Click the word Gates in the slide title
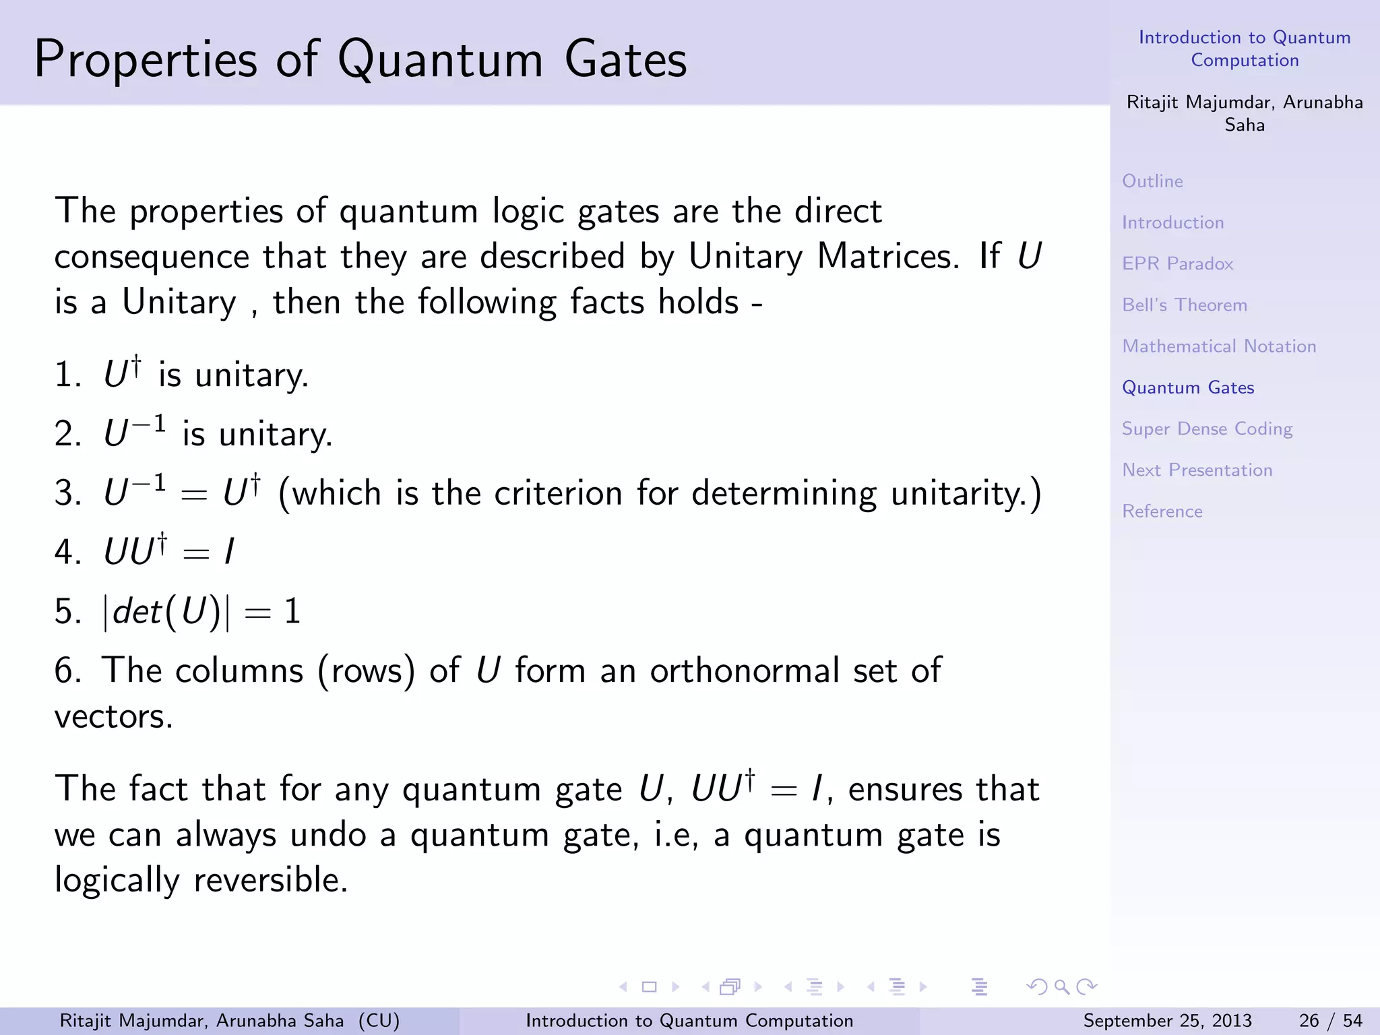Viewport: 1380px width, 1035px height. point(625,59)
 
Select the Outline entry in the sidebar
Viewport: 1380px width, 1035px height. point(1152,181)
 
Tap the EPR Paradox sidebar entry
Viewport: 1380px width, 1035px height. point(1177,263)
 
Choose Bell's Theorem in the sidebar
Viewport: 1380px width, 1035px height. point(1184,305)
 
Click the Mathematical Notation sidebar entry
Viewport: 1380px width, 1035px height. point(1218,346)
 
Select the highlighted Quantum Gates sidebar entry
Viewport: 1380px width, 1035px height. point(1187,387)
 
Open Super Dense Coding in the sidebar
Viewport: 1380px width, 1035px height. point(1206,429)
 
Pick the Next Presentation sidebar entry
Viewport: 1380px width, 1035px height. point(1197,470)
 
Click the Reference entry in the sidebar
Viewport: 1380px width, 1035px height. point(1162,511)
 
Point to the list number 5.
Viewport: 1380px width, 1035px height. point(67,612)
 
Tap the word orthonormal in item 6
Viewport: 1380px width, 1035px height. point(745,671)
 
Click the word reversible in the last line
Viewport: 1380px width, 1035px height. point(271,880)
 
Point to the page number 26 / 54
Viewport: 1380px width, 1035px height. point(1330,1021)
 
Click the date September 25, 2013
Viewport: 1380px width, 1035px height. point(1167,1021)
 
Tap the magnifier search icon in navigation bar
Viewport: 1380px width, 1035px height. point(1062,987)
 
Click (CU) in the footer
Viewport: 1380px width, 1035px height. point(379,1021)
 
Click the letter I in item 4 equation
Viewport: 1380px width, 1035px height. point(229,552)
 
